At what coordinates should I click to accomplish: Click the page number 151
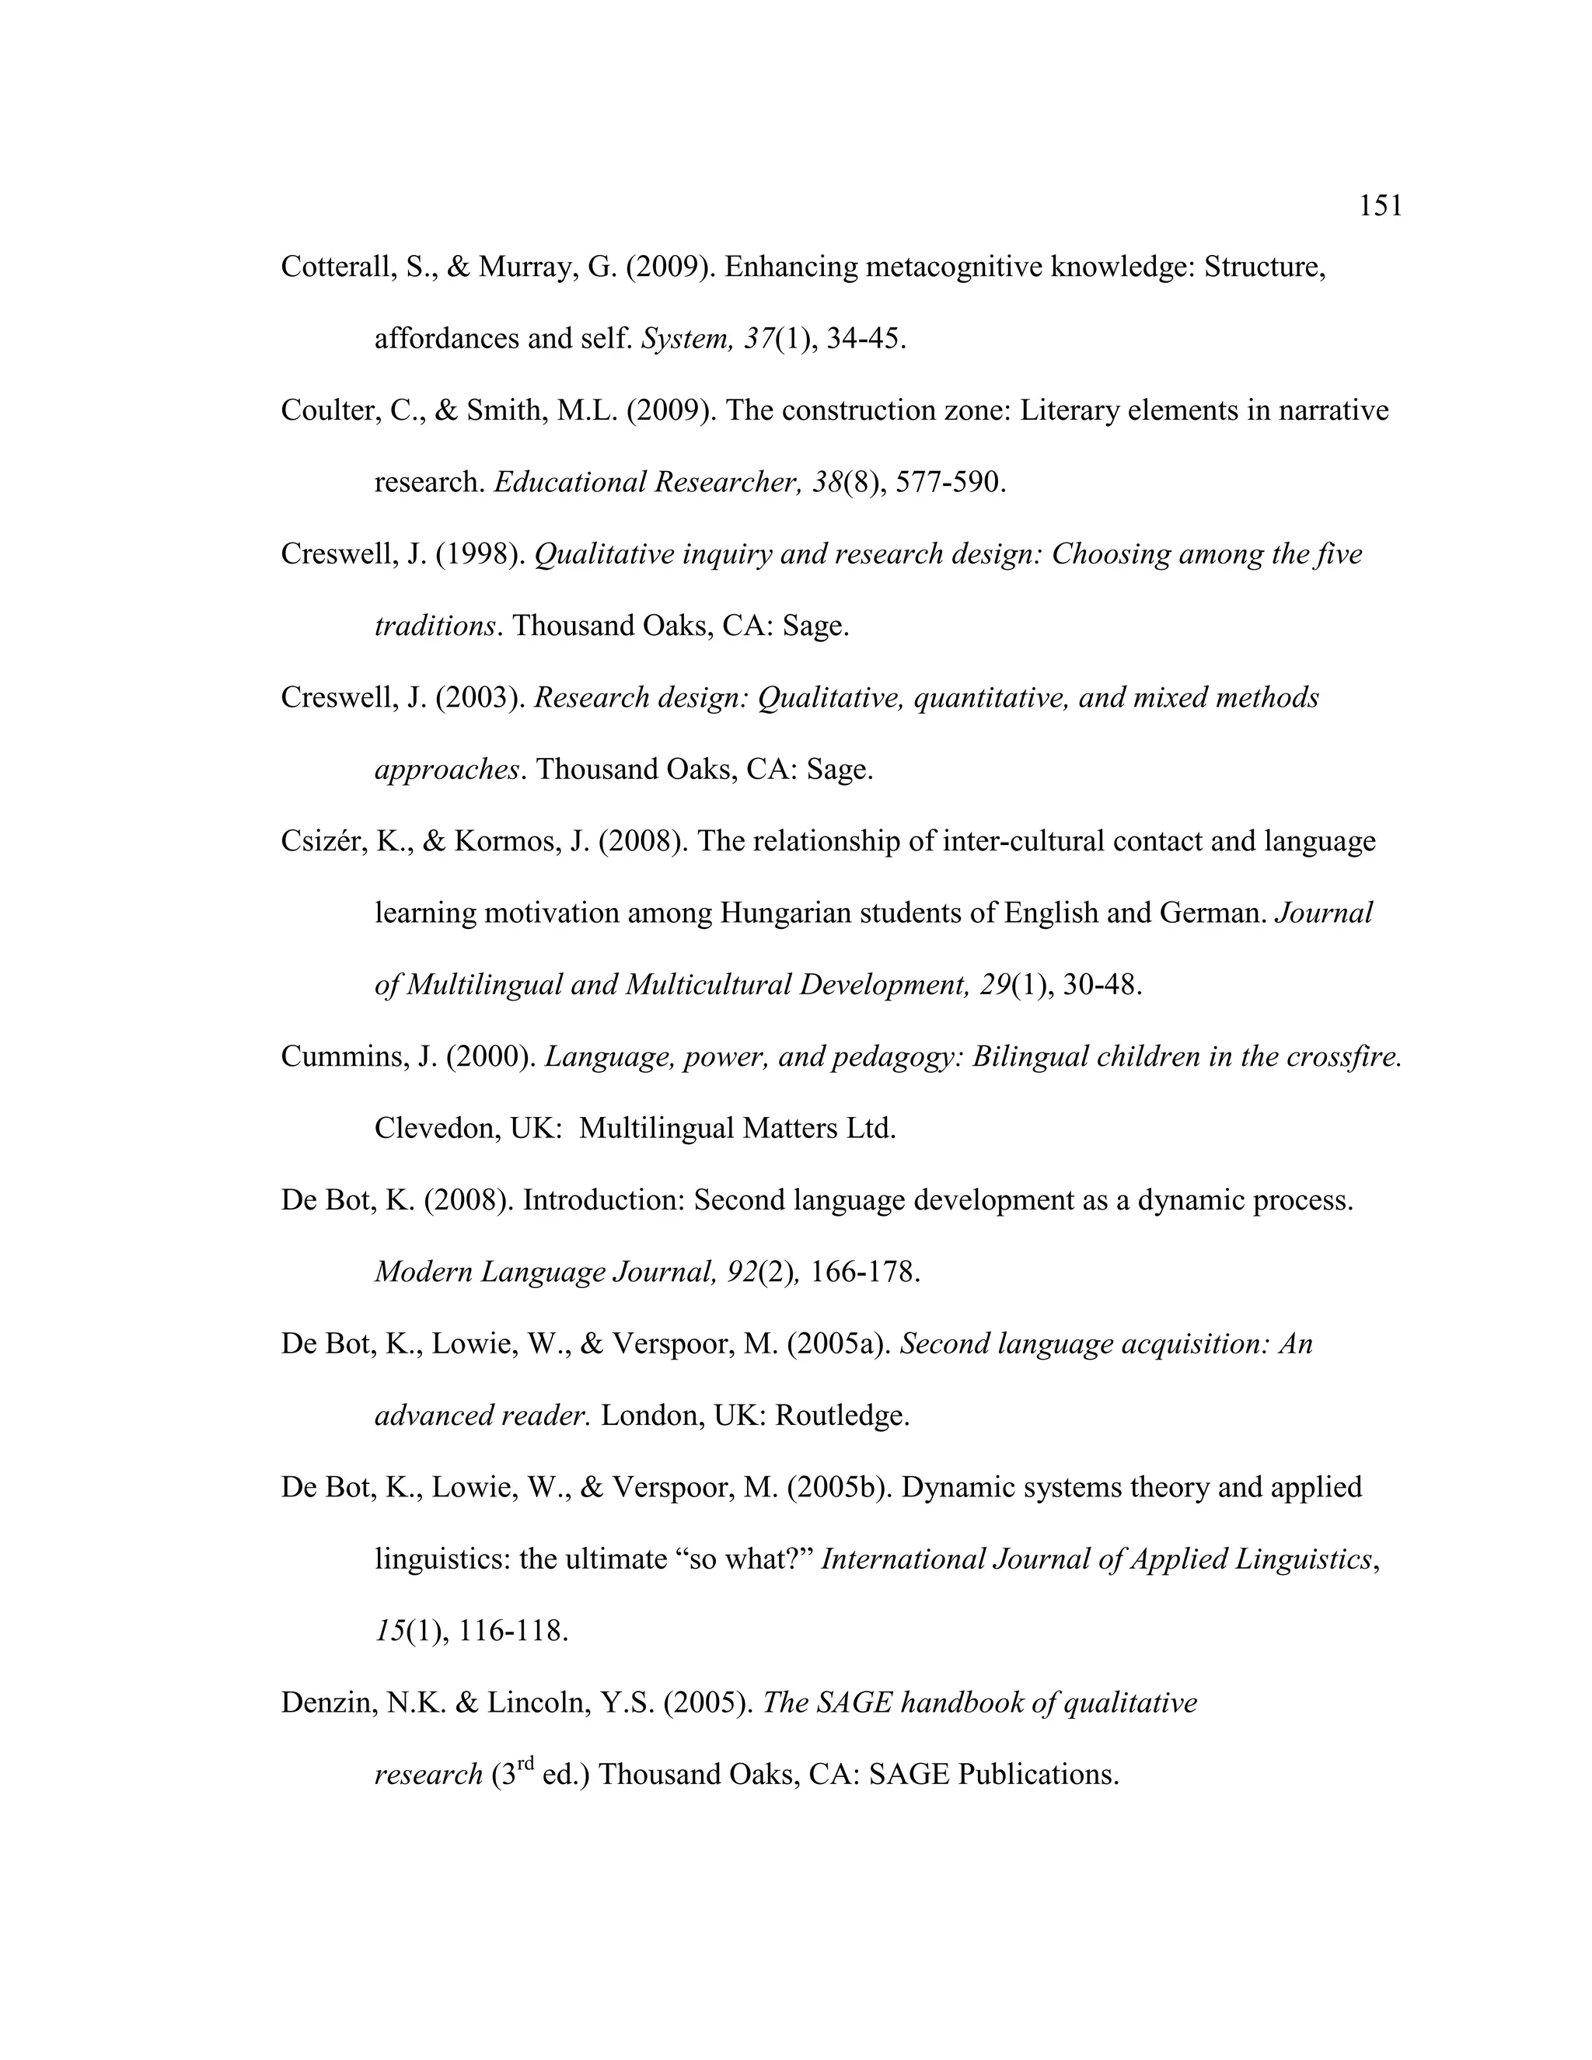point(1380,206)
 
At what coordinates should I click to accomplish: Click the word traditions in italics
point(435,627)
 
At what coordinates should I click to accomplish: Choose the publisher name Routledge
point(841,1416)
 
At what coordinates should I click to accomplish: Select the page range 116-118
point(513,1632)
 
